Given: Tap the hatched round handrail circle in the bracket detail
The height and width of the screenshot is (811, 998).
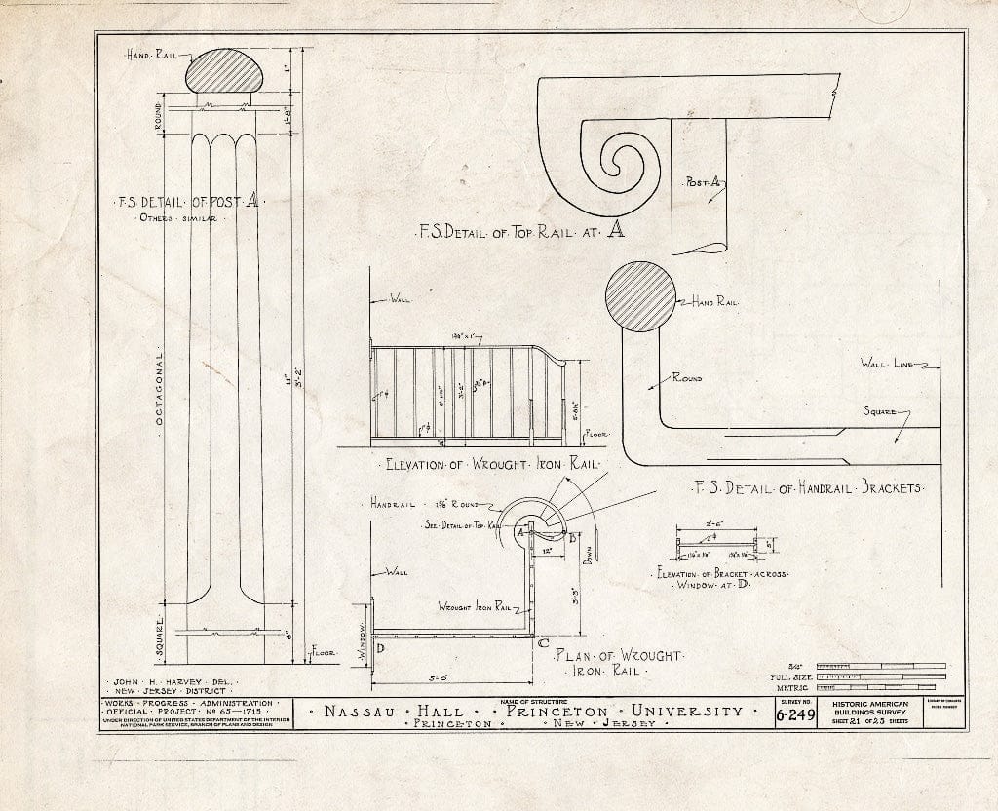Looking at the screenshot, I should (x=641, y=297).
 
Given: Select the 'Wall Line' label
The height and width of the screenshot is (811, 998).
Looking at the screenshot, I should (x=886, y=364).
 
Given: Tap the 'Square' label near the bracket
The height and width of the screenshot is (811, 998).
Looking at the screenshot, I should (x=879, y=412).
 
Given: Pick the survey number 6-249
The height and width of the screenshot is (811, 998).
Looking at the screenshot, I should (x=795, y=714).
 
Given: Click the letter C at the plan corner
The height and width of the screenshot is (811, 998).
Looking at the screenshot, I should (x=543, y=641).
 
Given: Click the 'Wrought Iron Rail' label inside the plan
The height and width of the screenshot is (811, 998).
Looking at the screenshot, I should (x=475, y=606).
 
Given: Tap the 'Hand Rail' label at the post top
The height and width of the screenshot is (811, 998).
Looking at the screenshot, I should (x=149, y=58).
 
